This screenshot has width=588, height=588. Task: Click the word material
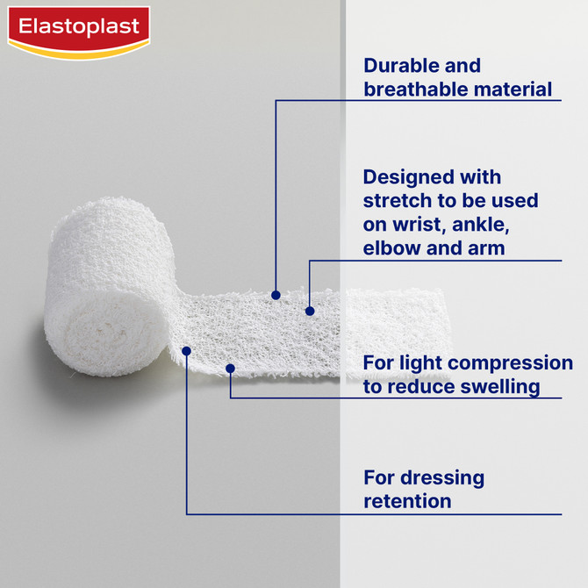(x=515, y=89)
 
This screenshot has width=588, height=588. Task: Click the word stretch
(x=396, y=201)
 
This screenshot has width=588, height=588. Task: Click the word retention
(x=407, y=501)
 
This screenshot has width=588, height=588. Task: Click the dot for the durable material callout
(x=276, y=295)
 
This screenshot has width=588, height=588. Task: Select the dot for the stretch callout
(x=309, y=310)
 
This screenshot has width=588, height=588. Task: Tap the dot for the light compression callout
(x=230, y=369)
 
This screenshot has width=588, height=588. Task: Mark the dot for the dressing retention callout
(x=186, y=350)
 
